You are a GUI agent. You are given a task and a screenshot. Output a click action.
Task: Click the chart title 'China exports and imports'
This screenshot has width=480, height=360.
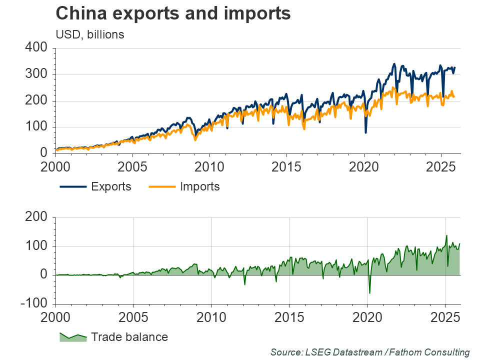click(x=173, y=14)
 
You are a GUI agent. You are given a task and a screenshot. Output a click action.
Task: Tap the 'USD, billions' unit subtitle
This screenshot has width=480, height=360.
click(x=90, y=34)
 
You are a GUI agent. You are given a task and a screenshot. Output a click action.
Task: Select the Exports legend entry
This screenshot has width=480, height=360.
click(x=95, y=186)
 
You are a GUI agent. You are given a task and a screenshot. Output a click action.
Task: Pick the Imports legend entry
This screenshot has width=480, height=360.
click(x=184, y=186)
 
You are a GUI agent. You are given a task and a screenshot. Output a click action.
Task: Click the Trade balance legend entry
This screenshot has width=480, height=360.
click(x=113, y=336)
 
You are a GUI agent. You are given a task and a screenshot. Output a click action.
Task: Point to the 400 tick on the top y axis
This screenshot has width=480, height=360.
click(x=36, y=48)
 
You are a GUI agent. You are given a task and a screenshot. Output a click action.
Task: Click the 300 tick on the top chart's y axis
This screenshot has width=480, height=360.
click(x=36, y=74)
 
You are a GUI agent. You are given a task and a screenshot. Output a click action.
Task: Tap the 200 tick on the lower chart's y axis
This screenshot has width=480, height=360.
click(x=36, y=217)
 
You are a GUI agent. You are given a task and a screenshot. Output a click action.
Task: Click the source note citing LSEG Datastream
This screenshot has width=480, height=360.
click(x=370, y=352)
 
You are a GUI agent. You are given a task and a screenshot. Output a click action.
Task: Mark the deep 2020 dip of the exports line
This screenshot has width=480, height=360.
click(x=366, y=132)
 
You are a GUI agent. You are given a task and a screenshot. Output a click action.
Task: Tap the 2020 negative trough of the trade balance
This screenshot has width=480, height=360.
click(x=369, y=293)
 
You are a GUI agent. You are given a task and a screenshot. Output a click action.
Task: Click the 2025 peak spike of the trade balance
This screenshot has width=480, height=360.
click(x=446, y=235)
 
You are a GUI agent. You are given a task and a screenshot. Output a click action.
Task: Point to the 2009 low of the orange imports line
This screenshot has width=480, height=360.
click(x=195, y=139)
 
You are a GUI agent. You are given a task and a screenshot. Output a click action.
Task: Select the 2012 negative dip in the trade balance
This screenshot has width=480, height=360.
click(x=245, y=284)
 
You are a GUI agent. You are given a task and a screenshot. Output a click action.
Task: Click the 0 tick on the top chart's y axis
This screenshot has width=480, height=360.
click(x=43, y=153)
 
